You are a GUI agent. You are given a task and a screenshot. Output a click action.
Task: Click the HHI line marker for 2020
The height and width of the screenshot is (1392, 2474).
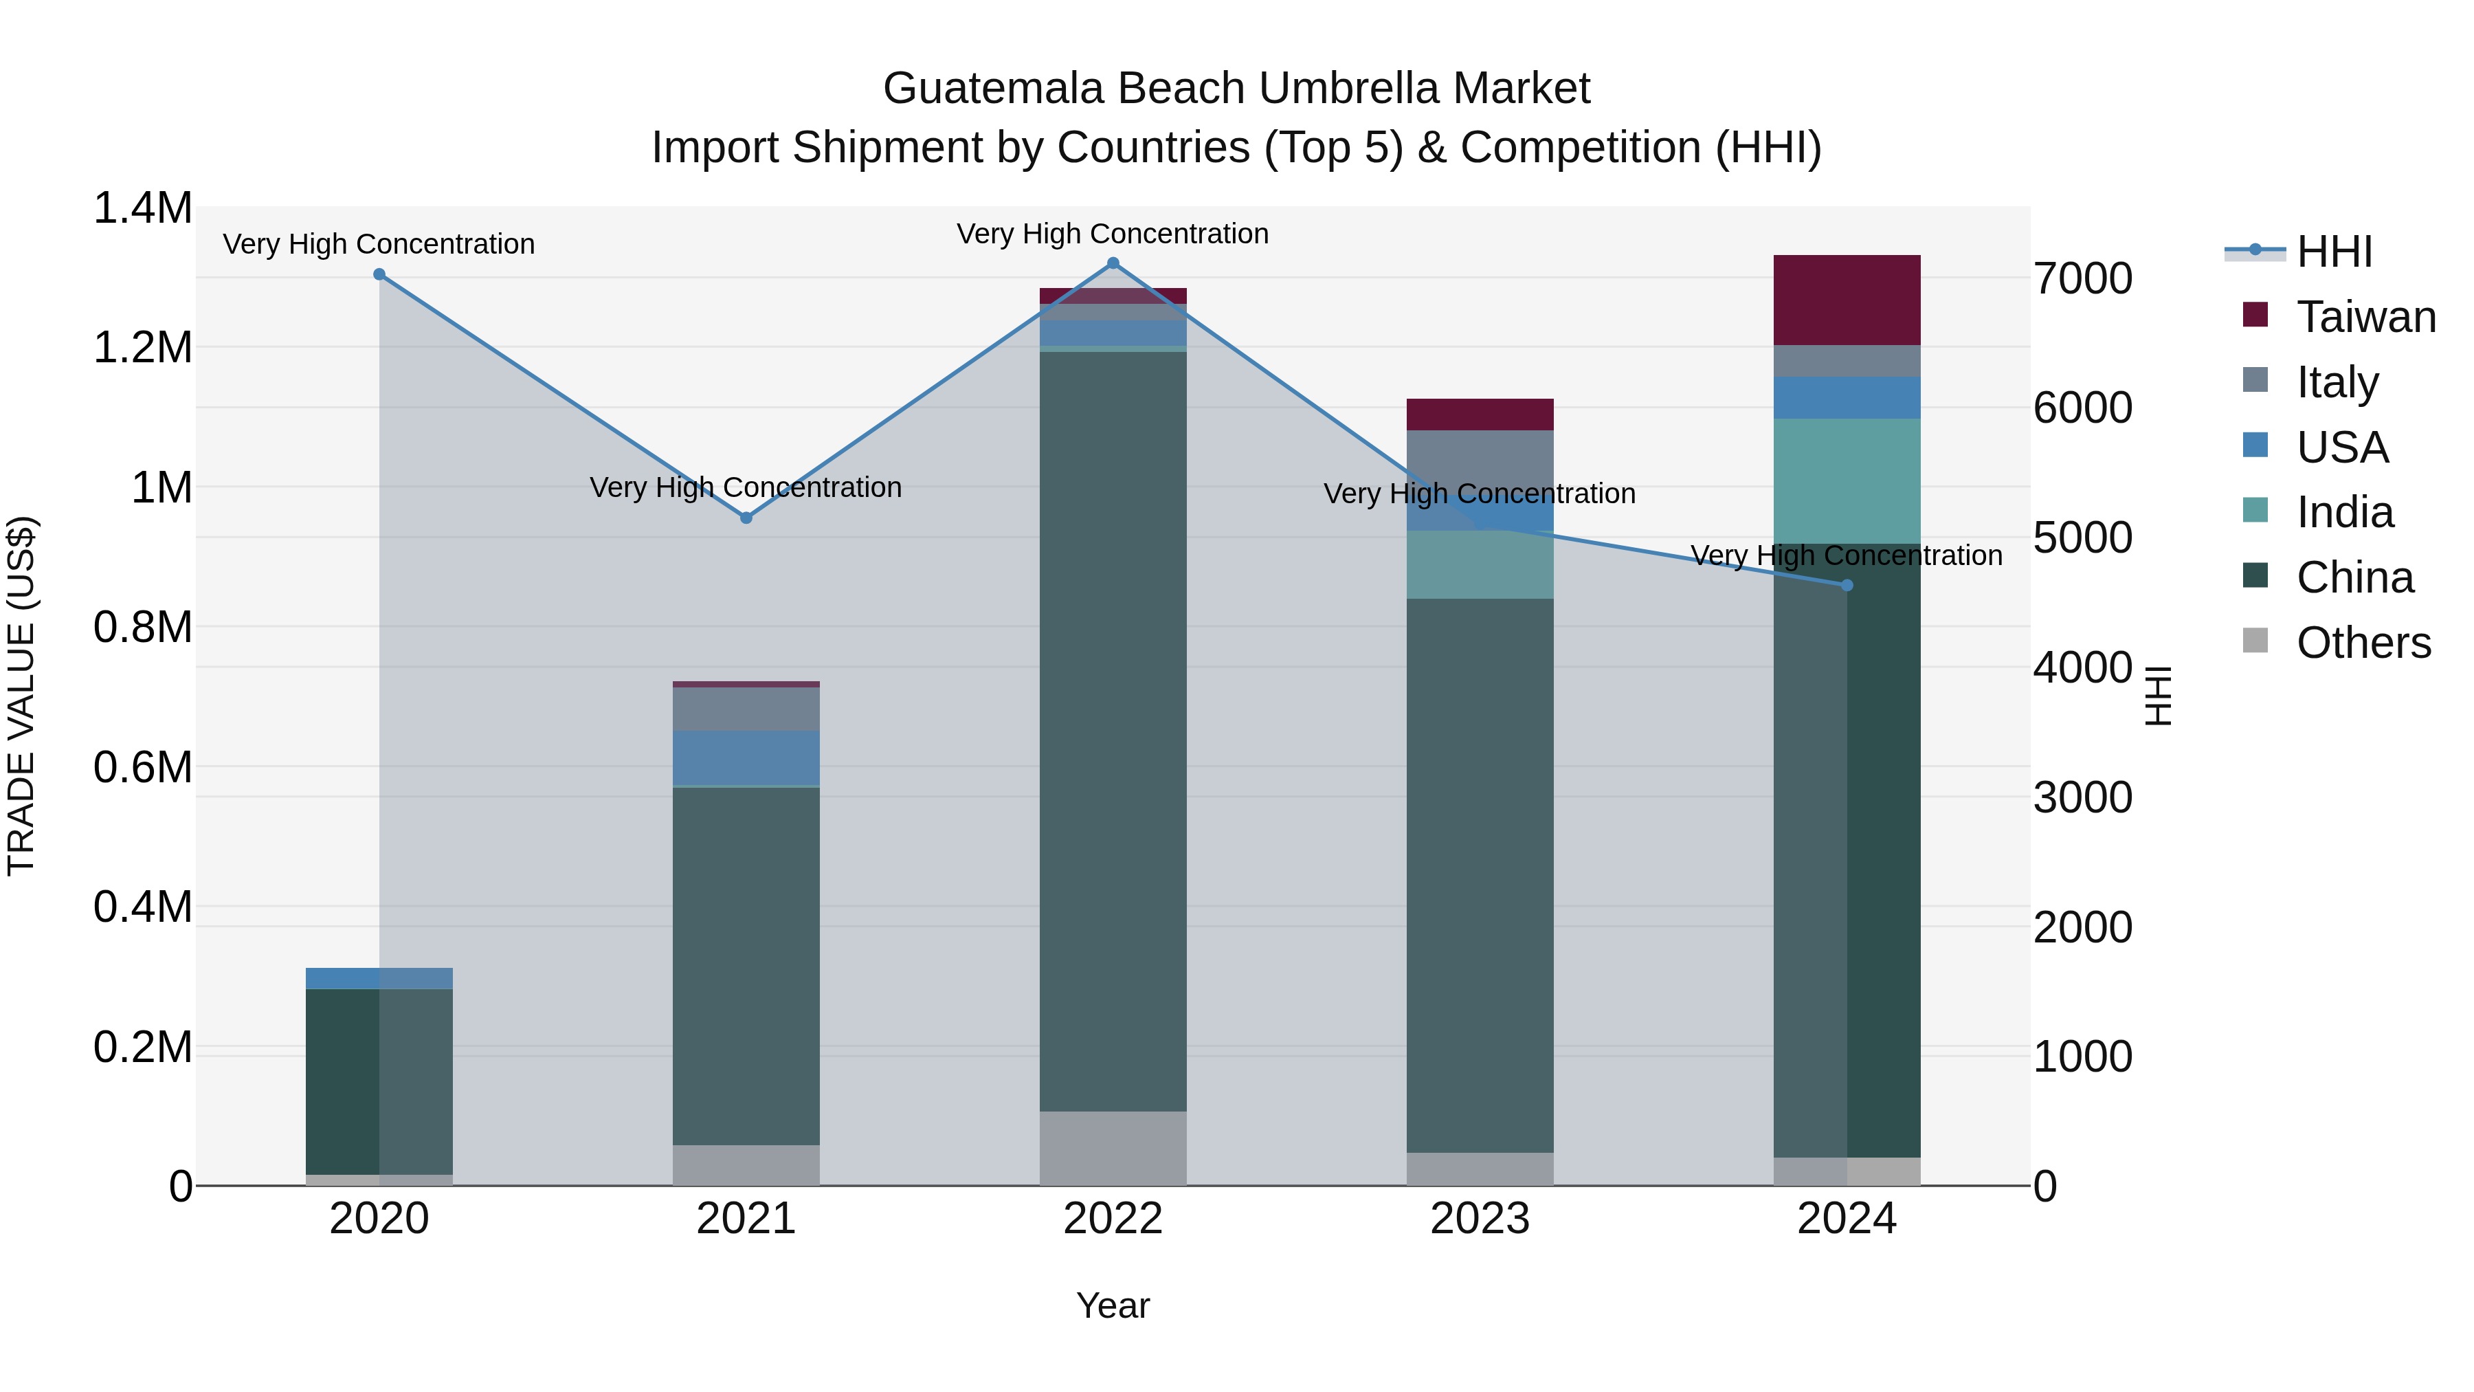click(x=379, y=275)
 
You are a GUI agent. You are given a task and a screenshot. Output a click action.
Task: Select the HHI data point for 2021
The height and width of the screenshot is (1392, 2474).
click(x=746, y=518)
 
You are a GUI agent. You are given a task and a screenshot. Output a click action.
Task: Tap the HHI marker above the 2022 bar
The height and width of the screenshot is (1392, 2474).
click(x=1113, y=263)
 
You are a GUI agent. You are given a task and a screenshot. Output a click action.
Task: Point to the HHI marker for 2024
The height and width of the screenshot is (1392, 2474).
click(x=1847, y=585)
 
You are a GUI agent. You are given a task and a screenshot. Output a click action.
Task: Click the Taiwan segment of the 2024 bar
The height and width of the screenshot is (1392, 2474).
click(x=1846, y=300)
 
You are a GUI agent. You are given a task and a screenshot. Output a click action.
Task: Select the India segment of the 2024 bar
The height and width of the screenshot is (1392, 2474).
click(x=1846, y=480)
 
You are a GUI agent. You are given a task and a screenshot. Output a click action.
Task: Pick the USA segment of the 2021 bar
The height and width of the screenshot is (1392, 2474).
click(x=746, y=758)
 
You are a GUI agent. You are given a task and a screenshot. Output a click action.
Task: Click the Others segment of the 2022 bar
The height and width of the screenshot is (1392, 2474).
click(x=1113, y=1148)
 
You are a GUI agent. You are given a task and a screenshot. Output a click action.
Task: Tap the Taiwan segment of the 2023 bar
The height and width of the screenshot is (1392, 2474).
click(x=1480, y=414)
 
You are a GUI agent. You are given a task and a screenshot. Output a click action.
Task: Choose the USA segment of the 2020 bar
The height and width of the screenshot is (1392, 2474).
click(x=379, y=978)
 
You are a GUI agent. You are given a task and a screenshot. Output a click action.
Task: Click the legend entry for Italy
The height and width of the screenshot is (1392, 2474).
click(x=2337, y=382)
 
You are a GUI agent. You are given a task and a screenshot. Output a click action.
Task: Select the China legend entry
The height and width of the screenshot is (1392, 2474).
click(x=2354, y=577)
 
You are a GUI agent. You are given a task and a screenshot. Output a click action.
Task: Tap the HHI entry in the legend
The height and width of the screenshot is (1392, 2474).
click(x=2334, y=252)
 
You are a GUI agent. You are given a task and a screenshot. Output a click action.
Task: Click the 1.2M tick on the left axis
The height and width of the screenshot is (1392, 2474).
click(x=142, y=347)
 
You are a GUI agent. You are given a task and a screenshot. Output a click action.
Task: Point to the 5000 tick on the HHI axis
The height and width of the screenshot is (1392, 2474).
click(x=2082, y=538)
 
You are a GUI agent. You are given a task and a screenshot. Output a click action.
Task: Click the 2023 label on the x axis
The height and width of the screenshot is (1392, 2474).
click(x=1480, y=1219)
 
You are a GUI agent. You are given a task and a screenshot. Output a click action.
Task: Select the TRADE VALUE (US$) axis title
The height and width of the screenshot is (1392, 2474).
click(x=22, y=696)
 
